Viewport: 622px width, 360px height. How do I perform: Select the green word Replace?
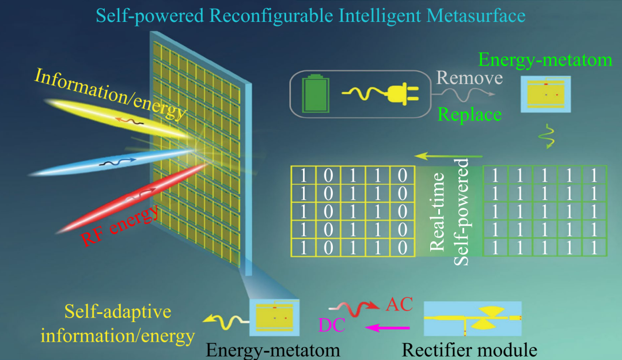(469, 114)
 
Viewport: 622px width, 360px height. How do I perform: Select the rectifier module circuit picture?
(472, 318)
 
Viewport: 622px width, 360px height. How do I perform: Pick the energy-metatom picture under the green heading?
(545, 94)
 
